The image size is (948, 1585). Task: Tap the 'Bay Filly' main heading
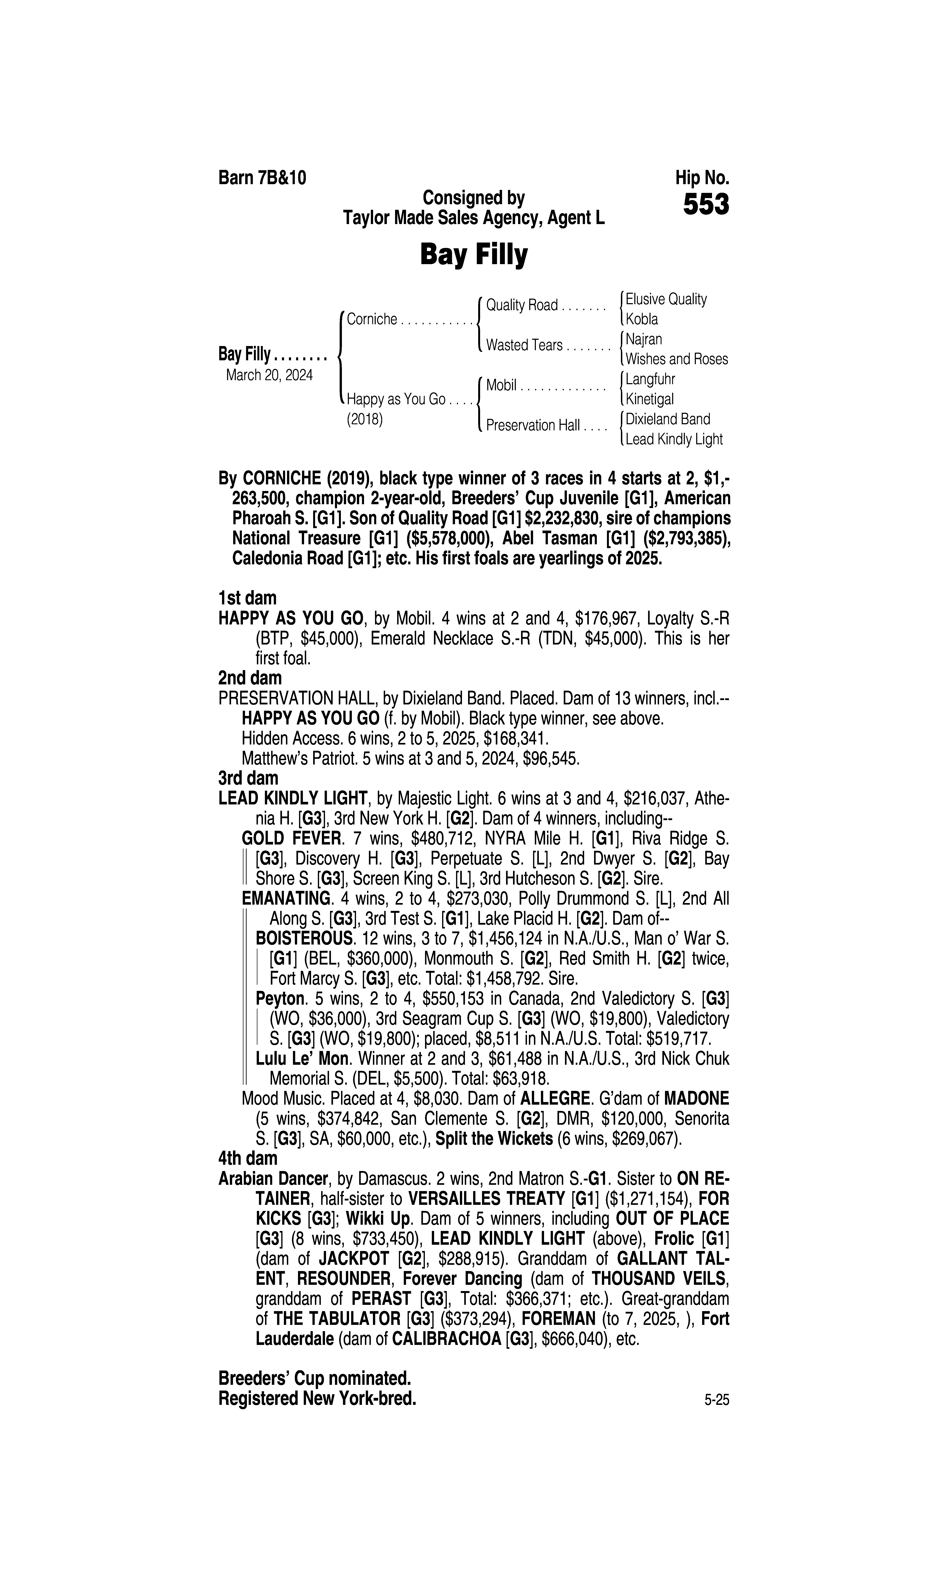pos(473,255)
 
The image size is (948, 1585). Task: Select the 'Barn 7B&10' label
pos(262,178)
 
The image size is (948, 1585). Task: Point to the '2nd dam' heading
pos(250,678)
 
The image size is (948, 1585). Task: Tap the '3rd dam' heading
pos(249,778)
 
